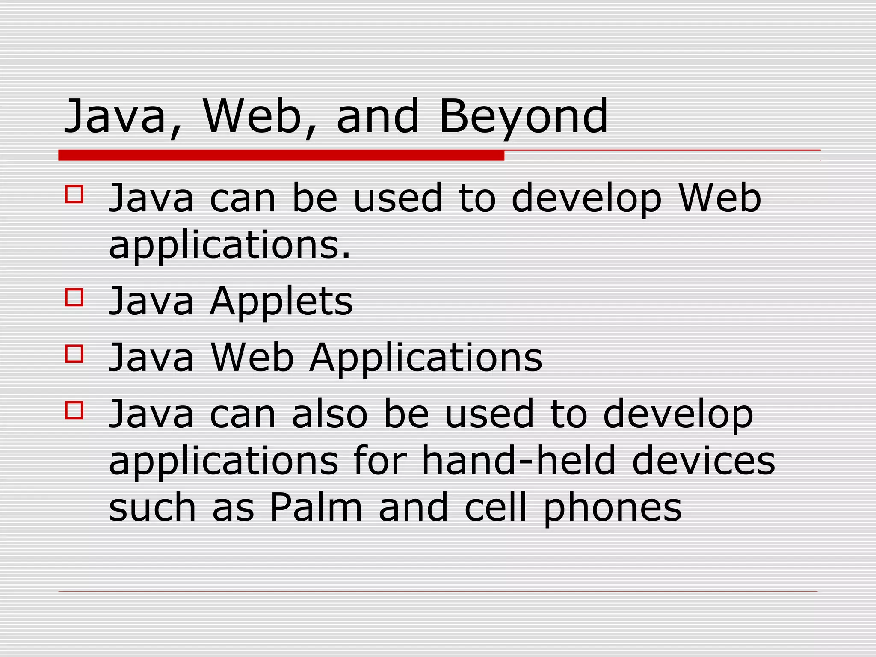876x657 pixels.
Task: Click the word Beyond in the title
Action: click(x=523, y=116)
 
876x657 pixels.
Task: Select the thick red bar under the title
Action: click(x=281, y=155)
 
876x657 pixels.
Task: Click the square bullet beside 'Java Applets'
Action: click(x=74, y=297)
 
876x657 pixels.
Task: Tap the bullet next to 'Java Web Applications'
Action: click(x=74, y=354)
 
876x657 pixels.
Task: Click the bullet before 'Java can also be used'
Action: click(x=74, y=410)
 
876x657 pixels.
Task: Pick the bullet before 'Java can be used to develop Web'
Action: click(x=74, y=194)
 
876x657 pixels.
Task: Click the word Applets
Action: click(x=281, y=301)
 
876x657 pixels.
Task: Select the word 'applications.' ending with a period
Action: click(x=230, y=246)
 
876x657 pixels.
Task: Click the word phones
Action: click(x=612, y=508)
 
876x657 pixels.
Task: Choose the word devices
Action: click(x=703, y=461)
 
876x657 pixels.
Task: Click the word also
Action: click(x=329, y=414)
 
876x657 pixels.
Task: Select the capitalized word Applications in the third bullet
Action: click(x=426, y=358)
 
